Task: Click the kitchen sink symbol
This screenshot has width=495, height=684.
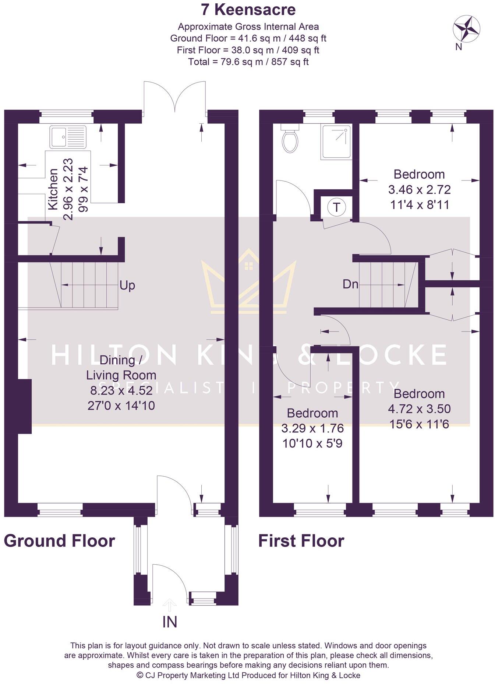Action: click(68, 137)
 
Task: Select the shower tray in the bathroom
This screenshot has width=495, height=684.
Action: click(336, 142)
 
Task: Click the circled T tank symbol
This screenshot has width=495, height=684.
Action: click(336, 207)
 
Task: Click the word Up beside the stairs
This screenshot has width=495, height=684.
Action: click(127, 285)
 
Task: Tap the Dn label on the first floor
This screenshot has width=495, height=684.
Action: click(350, 284)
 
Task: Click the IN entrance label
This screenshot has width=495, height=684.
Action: click(170, 622)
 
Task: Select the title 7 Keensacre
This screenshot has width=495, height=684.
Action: click(248, 10)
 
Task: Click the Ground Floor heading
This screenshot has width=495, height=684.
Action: click(59, 541)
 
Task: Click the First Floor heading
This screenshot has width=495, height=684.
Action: click(301, 541)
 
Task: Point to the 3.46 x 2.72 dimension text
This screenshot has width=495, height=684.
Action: click(419, 190)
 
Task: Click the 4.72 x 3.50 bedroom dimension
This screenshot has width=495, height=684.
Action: click(419, 409)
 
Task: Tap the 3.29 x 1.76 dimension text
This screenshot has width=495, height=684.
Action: click(312, 428)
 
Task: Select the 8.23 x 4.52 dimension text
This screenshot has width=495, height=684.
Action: click(121, 390)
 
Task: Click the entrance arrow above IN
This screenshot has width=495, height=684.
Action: click(169, 605)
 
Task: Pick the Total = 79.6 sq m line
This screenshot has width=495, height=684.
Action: click(248, 62)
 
